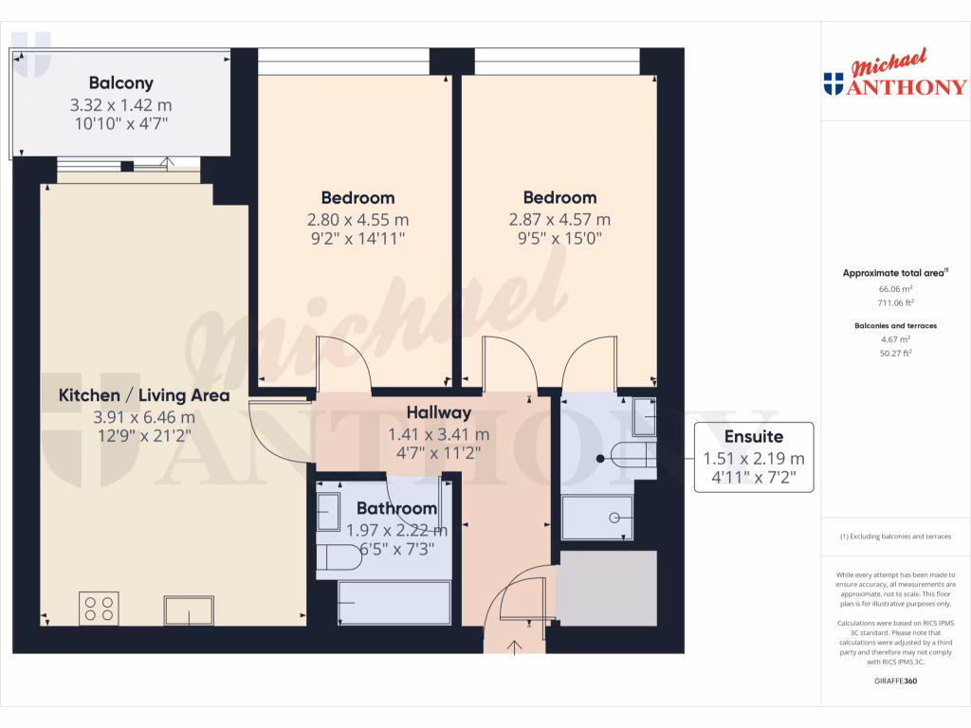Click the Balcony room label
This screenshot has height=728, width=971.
(x=120, y=83)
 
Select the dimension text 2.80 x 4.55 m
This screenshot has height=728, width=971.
(x=357, y=219)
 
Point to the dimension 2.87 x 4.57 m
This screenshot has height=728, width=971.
(x=559, y=219)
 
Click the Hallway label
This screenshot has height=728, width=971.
(x=438, y=413)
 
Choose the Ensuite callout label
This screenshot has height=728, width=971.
(x=754, y=437)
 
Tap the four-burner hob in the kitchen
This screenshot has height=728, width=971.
(x=99, y=608)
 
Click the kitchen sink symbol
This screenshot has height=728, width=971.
(x=188, y=610)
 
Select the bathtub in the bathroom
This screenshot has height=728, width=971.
(x=394, y=603)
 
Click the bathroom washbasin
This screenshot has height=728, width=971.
(x=329, y=513)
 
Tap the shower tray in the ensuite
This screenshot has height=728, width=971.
(x=597, y=518)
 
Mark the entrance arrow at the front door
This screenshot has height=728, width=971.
(x=515, y=647)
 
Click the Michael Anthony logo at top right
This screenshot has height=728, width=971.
(x=895, y=76)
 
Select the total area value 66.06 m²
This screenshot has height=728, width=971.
(x=895, y=288)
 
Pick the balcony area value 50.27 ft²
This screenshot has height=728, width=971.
(x=895, y=353)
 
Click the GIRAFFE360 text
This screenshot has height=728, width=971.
(x=895, y=681)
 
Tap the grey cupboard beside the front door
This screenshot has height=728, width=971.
(x=606, y=587)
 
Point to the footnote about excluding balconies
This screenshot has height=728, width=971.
(x=895, y=537)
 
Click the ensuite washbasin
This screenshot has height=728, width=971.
(x=644, y=412)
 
